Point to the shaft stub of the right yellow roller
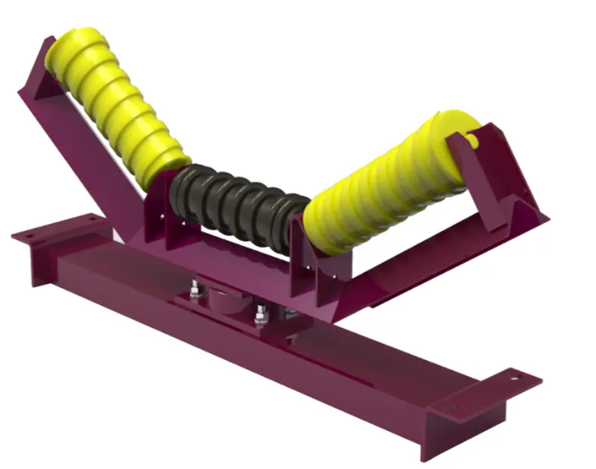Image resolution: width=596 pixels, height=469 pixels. [x=472, y=139]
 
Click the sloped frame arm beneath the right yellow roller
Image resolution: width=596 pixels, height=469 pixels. [x=417, y=276]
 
